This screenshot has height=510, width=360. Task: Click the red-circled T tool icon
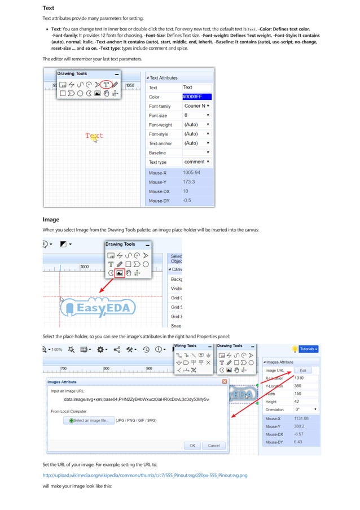click(x=106, y=84)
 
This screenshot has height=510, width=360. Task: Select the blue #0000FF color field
click(x=196, y=97)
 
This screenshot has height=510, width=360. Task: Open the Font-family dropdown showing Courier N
click(x=196, y=106)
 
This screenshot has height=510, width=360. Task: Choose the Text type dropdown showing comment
click(x=196, y=162)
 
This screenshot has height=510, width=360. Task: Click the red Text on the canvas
click(x=94, y=136)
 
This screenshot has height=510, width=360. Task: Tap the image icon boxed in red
click(x=120, y=272)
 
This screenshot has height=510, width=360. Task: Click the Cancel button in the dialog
click(x=213, y=446)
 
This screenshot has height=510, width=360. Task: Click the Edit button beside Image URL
click(x=302, y=370)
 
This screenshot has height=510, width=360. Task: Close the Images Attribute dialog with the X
click(x=225, y=382)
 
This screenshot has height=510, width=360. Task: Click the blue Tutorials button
click(x=308, y=349)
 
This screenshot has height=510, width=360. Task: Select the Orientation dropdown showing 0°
click(x=305, y=409)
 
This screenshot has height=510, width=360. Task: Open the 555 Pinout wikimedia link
click(x=145, y=476)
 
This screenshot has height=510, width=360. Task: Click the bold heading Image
click(x=51, y=219)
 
